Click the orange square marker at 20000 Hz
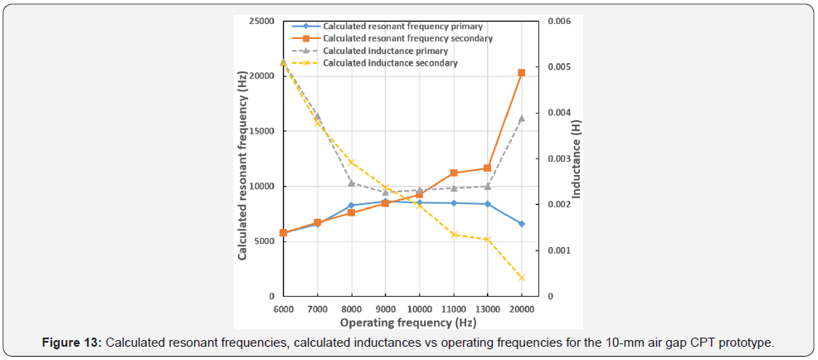click(x=521, y=73)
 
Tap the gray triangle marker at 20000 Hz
click(x=521, y=119)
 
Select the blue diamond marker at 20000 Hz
click(x=521, y=224)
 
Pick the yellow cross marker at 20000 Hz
click(x=521, y=278)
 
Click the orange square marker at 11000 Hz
click(x=454, y=173)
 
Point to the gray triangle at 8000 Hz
click(x=352, y=182)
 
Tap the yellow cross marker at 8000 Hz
click(x=352, y=163)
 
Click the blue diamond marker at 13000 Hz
click(x=488, y=204)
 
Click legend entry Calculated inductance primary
click(x=386, y=51)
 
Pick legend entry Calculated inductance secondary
click(x=390, y=63)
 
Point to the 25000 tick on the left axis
click(x=263, y=21)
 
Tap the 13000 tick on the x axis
click(x=488, y=308)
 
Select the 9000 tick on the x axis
click(x=386, y=308)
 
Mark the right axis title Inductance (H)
click(x=577, y=158)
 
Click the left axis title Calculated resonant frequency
click(x=242, y=166)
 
